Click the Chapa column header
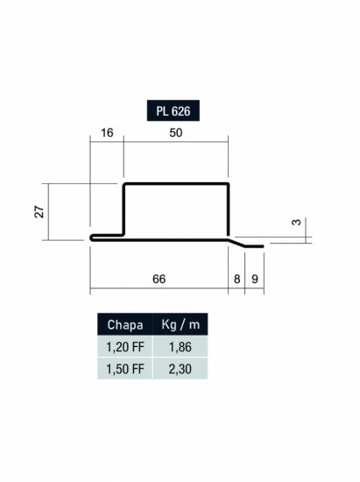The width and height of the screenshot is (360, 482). click(124, 324)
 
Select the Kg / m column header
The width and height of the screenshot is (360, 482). click(180, 324)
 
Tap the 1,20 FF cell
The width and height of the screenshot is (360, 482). click(124, 346)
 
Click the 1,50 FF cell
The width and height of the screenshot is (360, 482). click(124, 368)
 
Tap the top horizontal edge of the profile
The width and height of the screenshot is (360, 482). click(176, 185)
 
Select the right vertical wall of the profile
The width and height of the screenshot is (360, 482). click(229, 210)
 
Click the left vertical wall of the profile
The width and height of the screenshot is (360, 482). click(124, 210)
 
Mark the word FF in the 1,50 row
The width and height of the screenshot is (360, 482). click(137, 368)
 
